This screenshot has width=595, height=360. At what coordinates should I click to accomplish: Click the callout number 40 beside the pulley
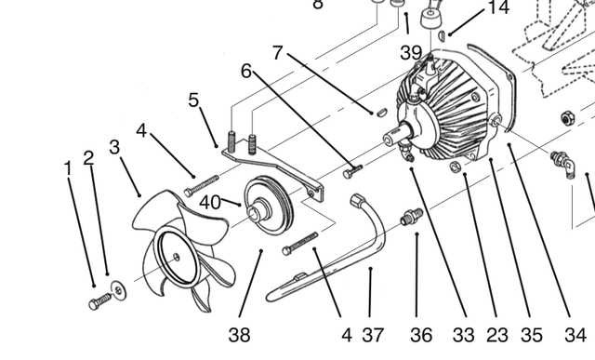point(210,203)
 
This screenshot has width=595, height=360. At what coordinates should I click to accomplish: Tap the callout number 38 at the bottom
point(240,335)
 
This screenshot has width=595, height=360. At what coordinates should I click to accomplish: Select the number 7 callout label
point(278,53)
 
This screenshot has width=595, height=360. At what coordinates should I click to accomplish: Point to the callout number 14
point(498,7)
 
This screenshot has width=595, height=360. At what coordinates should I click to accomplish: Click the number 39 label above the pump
point(411,53)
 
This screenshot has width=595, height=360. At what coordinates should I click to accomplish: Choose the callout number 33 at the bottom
point(463,335)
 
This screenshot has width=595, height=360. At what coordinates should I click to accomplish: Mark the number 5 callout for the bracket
point(193,100)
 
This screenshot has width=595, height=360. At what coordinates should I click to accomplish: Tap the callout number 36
point(421,335)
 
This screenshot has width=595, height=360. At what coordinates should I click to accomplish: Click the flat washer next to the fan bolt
point(118,291)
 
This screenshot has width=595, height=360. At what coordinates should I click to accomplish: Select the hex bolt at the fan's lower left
point(99,301)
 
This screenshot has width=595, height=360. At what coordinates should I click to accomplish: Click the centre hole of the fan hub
point(176,257)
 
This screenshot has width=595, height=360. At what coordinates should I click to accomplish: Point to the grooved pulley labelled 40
point(269,206)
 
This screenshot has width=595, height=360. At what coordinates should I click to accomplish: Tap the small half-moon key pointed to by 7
point(381,113)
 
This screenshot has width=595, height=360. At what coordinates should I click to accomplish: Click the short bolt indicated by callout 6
point(352,170)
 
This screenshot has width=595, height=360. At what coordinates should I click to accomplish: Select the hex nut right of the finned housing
point(567,118)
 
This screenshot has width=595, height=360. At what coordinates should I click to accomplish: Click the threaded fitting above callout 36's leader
point(411,217)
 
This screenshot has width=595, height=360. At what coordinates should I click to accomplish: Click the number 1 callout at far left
point(68,168)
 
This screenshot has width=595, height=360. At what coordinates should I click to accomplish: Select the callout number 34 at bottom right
point(575,335)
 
